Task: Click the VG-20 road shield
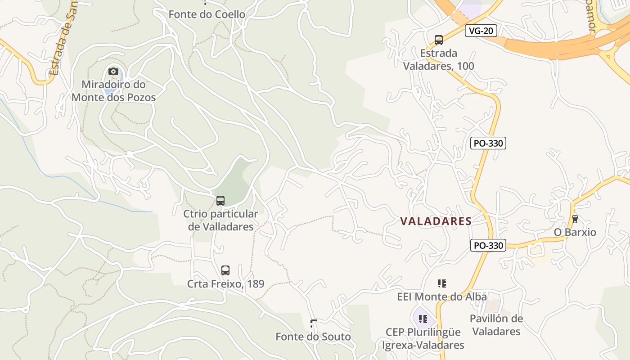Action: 481,31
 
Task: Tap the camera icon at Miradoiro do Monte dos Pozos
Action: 113,71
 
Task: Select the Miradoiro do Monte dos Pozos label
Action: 113,91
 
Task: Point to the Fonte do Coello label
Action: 207,14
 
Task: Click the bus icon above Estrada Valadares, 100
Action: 438,40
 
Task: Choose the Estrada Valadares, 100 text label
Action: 438,60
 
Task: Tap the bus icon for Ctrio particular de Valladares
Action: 220,200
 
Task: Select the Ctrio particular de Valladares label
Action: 221,220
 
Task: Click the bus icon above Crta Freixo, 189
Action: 225,270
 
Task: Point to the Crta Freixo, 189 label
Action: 225,284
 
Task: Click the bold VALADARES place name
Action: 436,221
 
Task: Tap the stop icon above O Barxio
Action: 575,219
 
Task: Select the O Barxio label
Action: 575,232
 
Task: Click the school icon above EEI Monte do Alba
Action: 442,283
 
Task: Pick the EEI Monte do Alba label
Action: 442,297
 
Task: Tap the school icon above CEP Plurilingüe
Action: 423,319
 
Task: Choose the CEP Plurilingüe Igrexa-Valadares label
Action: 423,338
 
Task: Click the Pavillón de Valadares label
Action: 496,325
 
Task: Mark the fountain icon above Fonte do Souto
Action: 313,323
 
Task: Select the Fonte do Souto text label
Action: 313,337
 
